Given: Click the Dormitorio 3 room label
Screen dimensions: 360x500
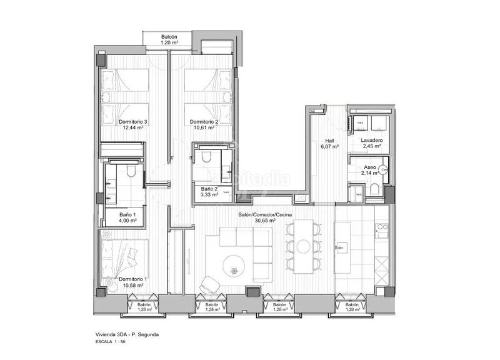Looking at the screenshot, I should [132, 122].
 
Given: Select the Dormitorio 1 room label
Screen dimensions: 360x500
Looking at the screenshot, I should [132, 279].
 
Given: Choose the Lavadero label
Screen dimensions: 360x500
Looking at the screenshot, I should [371, 141].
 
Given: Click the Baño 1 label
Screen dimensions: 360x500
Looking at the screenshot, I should [127, 214].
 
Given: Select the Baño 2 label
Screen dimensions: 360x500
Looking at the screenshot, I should [209, 189].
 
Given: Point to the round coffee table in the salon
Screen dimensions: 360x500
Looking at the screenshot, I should [233, 265].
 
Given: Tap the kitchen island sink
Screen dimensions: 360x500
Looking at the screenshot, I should [342, 248].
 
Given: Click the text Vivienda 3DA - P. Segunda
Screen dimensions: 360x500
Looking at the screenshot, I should [122, 335].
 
